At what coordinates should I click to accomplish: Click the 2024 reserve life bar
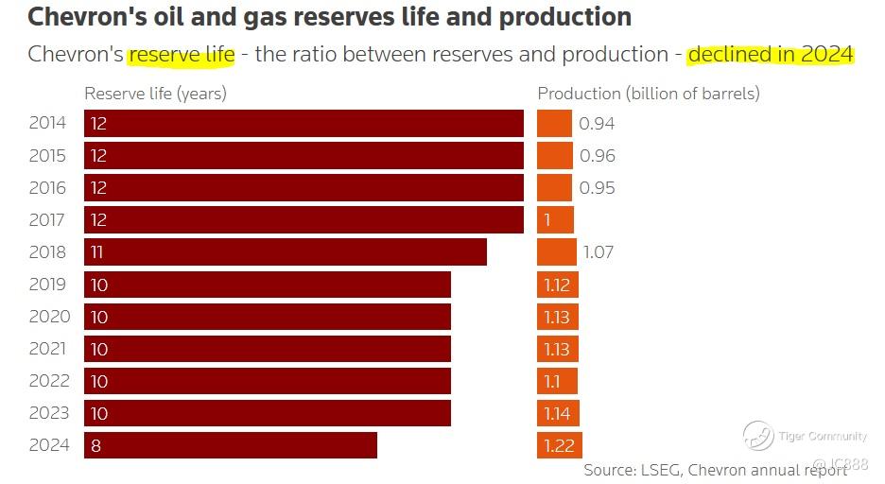231,445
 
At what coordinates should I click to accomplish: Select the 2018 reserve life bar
286,252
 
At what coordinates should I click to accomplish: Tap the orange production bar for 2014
555,124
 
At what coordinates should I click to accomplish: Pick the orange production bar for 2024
560,445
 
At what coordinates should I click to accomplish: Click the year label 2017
47,220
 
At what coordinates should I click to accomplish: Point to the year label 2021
47,349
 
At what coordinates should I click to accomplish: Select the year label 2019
47,285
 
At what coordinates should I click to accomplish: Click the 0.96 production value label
597,156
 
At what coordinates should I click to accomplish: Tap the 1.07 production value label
599,252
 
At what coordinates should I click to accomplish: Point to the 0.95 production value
597,188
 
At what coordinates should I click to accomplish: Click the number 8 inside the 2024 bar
95,445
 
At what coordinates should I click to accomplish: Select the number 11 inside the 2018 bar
97,252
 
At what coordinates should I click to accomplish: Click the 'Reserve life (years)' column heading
155,94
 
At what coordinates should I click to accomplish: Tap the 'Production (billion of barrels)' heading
649,94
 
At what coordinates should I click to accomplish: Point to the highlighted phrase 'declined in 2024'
771,54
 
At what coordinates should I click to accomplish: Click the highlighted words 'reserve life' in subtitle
182,54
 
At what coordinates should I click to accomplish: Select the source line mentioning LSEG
715,470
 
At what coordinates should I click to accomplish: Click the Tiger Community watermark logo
758,436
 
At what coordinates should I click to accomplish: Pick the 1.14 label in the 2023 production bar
557,413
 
